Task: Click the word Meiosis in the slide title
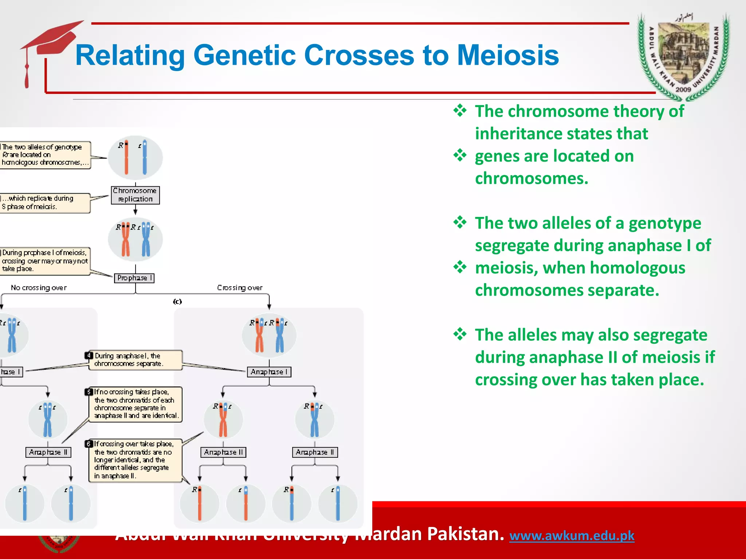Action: click(508, 55)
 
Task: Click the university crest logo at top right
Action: click(683, 56)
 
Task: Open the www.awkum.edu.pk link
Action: click(572, 536)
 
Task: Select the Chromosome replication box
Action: click(135, 195)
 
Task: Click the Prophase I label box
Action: click(134, 278)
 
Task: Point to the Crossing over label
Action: click(240, 288)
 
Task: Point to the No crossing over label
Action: click(39, 288)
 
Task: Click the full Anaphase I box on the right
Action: click(269, 372)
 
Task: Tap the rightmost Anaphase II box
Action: click(315, 452)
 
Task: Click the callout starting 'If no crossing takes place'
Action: click(136, 404)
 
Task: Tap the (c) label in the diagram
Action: click(177, 301)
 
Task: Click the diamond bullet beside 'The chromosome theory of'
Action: click(460, 110)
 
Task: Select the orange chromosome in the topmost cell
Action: click(126, 157)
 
